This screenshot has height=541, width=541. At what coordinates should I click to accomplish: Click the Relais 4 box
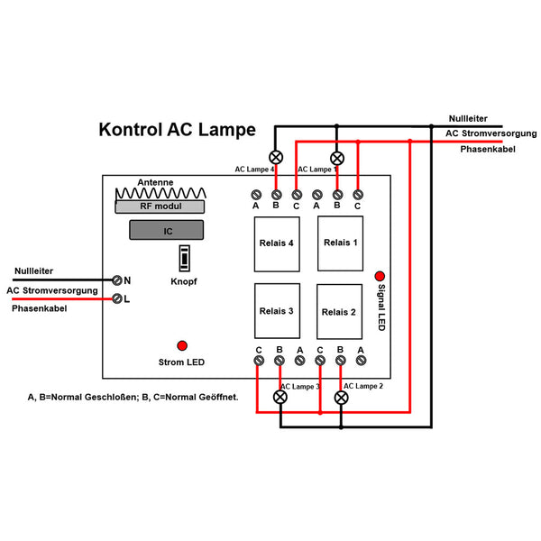point(278,243)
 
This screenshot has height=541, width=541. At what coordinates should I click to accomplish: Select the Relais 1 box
point(341,243)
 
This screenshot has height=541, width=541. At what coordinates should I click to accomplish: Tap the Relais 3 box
point(277,311)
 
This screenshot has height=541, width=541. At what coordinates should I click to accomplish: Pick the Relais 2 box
point(340,312)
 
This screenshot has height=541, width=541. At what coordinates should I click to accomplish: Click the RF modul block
point(160,206)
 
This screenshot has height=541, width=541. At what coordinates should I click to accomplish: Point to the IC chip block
point(167,231)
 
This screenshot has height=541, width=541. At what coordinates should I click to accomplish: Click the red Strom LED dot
point(181,345)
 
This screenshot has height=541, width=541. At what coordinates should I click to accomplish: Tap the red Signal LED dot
point(380,276)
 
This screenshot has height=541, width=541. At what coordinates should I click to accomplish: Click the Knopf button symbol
point(184,258)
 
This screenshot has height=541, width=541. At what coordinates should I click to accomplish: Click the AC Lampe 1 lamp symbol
point(337,155)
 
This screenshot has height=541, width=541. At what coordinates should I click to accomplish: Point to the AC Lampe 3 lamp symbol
point(280,396)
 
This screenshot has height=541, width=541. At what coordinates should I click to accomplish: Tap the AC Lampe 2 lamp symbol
point(341,396)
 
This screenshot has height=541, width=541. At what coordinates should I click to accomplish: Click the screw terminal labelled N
point(117,280)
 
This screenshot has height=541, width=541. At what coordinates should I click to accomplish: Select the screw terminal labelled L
point(117,298)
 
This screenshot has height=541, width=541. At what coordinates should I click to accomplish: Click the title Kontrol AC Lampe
point(176,130)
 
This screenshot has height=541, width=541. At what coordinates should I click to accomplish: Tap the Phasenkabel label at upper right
point(487,149)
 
